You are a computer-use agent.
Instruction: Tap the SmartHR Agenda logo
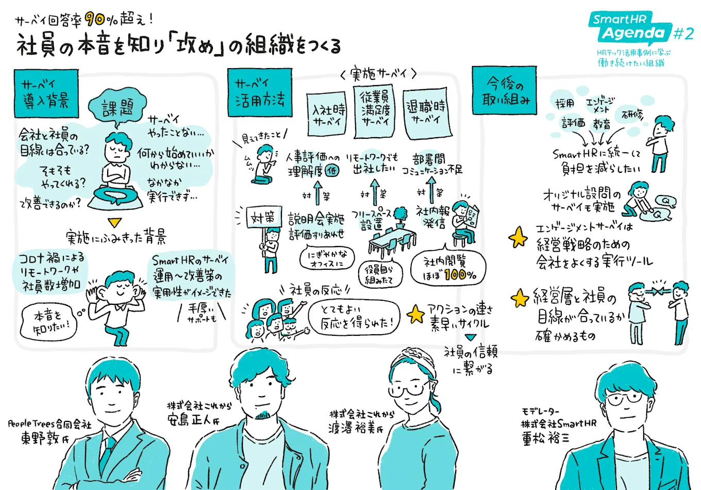pos(630,28)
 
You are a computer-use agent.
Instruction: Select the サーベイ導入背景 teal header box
pos(46,93)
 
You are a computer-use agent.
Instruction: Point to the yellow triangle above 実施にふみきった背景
pos(114,223)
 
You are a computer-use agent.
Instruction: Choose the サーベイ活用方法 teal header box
pos(260,92)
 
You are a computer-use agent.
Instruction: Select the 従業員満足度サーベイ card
pos(375,110)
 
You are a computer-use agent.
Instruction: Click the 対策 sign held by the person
pos(263,218)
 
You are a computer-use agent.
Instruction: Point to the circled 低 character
pos(332,171)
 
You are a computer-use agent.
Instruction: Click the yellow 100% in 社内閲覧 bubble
pos(460,275)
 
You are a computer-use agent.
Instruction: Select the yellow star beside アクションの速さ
pos(415,314)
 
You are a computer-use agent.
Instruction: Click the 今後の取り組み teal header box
pos(505,91)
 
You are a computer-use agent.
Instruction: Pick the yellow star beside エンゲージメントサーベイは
pos(518,238)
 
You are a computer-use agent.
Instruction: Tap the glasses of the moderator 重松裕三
pos(624,398)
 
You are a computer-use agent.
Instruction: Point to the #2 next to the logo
pos(683,34)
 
